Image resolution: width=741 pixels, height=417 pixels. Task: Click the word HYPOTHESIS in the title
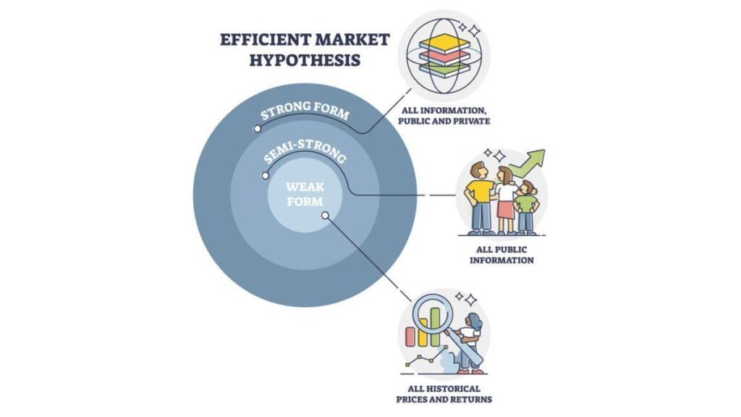coord(305,60)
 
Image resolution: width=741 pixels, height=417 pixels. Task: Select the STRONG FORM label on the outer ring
coord(305,110)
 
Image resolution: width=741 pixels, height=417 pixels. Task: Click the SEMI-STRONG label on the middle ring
coord(305,151)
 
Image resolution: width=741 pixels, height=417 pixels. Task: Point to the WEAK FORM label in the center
coord(305,194)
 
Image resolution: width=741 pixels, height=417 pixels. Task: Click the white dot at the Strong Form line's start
coord(257,129)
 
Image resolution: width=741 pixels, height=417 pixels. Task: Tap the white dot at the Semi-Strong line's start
coord(265,175)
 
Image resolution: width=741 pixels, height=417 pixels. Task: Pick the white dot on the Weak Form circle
coord(325,216)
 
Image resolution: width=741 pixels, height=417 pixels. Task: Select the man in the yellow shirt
coord(480,198)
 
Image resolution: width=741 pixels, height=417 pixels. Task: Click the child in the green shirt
coord(526,208)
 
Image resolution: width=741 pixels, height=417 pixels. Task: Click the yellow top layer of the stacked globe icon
coord(444,44)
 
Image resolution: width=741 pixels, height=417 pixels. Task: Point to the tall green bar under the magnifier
coord(435,327)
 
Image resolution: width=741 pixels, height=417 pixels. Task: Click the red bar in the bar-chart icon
coord(411,336)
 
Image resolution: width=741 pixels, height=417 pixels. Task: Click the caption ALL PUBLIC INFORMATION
coord(501,255)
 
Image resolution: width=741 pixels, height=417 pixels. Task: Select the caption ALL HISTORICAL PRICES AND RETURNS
coord(444,394)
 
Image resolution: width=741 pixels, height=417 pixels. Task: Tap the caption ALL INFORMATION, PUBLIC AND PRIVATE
coord(444,116)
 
